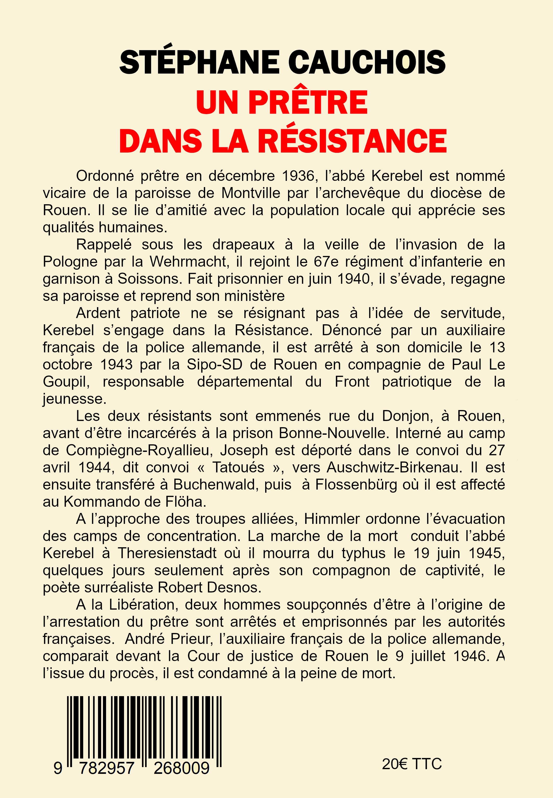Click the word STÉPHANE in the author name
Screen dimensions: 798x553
tap(199, 62)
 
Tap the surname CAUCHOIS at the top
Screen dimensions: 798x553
tap(367, 62)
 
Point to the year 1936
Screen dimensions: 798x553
tap(298, 176)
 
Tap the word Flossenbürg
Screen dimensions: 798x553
tap(356, 485)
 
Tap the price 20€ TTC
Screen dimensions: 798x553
tap(412, 764)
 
